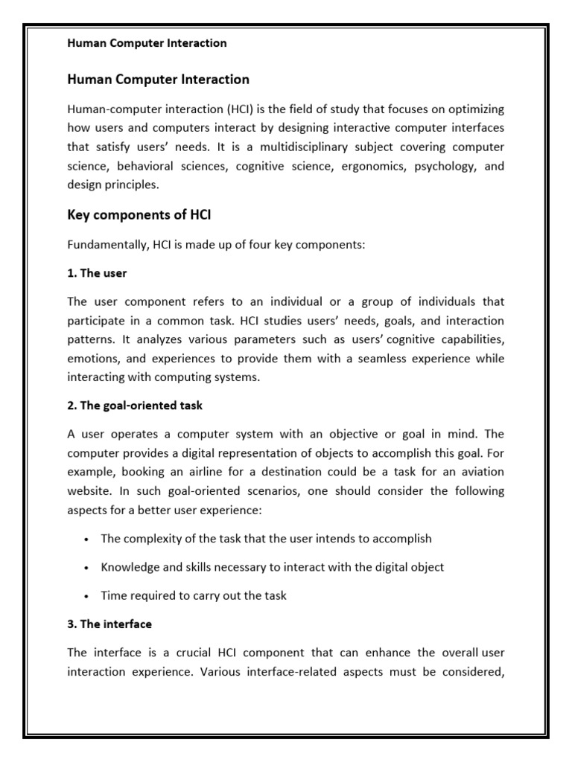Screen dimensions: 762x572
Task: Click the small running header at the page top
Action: click(147, 43)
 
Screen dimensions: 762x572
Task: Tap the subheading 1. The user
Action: click(97, 273)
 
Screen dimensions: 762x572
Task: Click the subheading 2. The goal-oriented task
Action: click(134, 406)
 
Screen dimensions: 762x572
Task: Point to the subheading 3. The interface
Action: click(109, 624)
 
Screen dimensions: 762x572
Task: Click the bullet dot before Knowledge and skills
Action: click(88, 568)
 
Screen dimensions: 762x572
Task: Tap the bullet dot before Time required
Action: click(88, 596)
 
